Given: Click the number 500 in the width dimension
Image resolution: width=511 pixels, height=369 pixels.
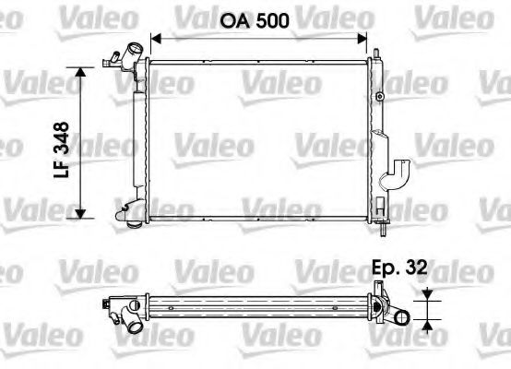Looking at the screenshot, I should point(273,20).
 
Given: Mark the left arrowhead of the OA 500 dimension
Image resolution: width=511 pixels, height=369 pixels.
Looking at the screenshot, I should point(155,38).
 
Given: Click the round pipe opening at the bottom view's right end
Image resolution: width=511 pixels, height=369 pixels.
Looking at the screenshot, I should point(402,318).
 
